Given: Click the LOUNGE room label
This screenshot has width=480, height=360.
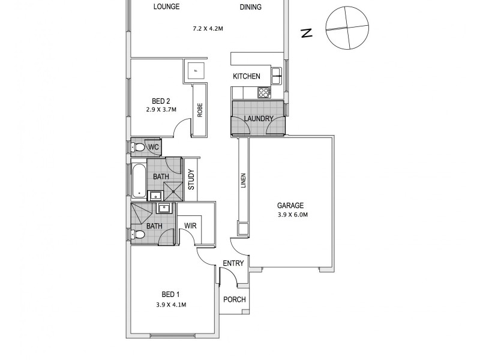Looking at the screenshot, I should pyautogui.click(x=166, y=7).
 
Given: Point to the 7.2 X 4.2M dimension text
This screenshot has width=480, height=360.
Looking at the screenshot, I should pyautogui.click(x=208, y=28).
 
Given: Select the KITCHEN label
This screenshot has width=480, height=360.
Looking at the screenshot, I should pyautogui.click(x=247, y=76).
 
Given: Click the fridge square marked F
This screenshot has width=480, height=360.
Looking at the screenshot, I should pyautogui.click(x=195, y=71).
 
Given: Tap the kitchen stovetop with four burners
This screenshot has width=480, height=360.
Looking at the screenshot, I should pyautogui.click(x=263, y=92).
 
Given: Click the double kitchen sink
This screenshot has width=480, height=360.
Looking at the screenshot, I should pyautogui.click(x=277, y=76).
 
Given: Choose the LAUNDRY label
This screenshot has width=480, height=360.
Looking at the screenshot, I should pyautogui.click(x=259, y=119).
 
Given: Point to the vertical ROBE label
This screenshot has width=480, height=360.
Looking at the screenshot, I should pyautogui.click(x=200, y=110).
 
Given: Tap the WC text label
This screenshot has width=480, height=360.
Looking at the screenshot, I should pyautogui.click(x=154, y=147).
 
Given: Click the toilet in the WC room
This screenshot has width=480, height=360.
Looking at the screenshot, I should pyautogui.click(x=139, y=147).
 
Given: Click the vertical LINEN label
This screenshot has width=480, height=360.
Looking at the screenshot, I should pyautogui.click(x=244, y=181).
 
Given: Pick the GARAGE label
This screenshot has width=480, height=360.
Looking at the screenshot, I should pyautogui.click(x=290, y=205).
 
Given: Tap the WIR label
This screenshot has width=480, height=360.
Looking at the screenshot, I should pyautogui.click(x=191, y=226).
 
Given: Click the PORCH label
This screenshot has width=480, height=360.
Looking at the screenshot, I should pyautogui.click(x=234, y=300).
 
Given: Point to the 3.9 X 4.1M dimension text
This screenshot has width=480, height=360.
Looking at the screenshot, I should pyautogui.click(x=170, y=305).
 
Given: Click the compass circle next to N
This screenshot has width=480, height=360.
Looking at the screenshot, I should pyautogui.click(x=345, y=28).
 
